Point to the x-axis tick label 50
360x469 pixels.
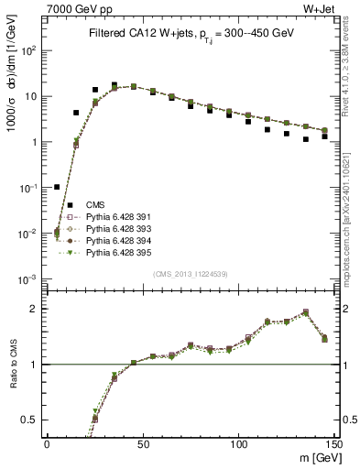tap(142, 443)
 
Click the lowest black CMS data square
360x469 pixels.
tap(57, 187)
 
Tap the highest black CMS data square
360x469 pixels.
tap(115, 85)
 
